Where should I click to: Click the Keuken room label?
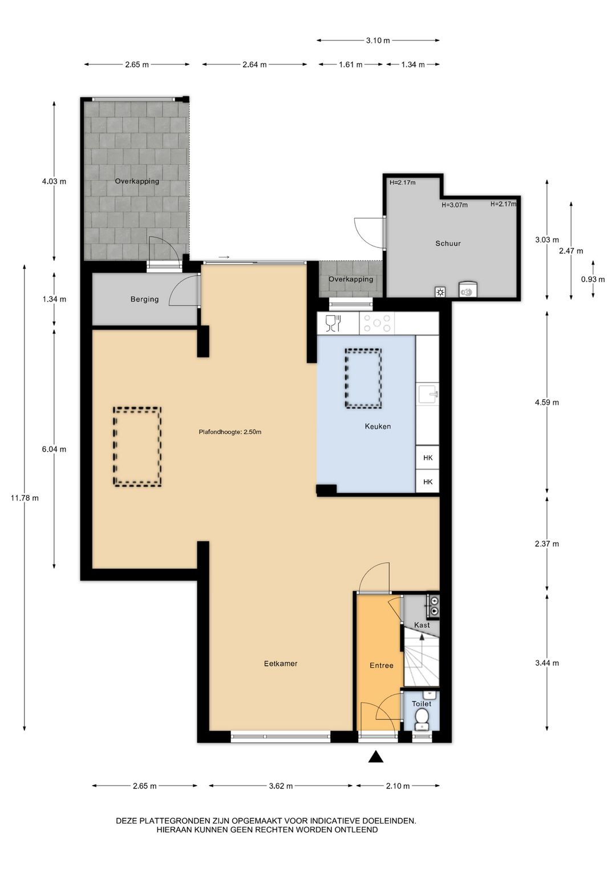(378, 426)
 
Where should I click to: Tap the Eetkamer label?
(281, 664)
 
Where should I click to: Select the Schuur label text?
(448, 243)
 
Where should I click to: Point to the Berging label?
(144, 299)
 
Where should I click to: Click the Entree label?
(382, 665)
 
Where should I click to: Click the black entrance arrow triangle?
(375, 757)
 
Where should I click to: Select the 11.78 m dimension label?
(25, 498)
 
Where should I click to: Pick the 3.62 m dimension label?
(281, 786)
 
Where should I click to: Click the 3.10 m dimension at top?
(378, 40)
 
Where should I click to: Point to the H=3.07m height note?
(454, 205)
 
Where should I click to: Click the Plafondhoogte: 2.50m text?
(230, 432)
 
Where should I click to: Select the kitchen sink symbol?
(427, 393)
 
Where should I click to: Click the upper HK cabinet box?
(427, 457)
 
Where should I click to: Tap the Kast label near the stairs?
(422, 625)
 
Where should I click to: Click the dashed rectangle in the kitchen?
(363, 378)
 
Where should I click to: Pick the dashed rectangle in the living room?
(137, 446)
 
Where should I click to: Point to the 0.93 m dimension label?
(593, 279)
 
